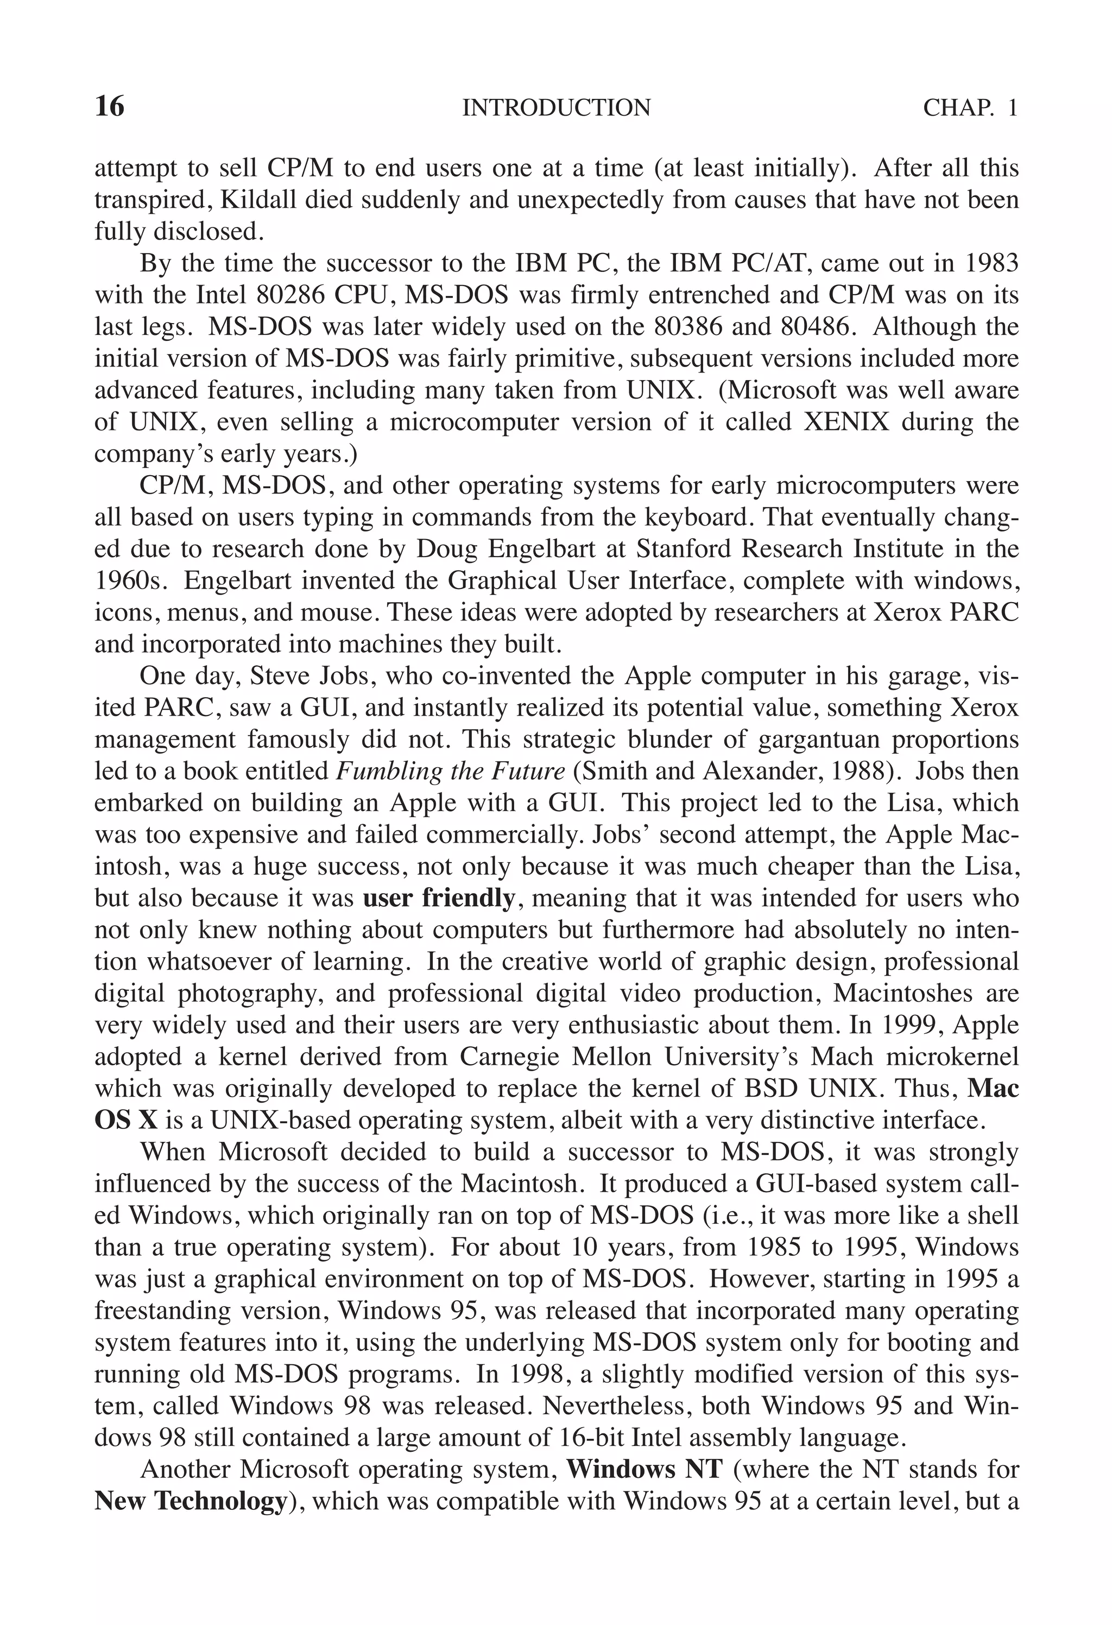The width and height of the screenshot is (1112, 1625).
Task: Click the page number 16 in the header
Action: [x=109, y=107]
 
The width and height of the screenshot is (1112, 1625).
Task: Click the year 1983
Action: [x=990, y=264]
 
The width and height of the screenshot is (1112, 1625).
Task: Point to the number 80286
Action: [x=291, y=295]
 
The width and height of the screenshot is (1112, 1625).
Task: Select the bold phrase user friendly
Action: [x=439, y=899]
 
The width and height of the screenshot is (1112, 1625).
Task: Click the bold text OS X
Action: [x=126, y=1120]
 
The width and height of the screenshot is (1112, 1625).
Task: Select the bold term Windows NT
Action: [x=643, y=1469]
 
